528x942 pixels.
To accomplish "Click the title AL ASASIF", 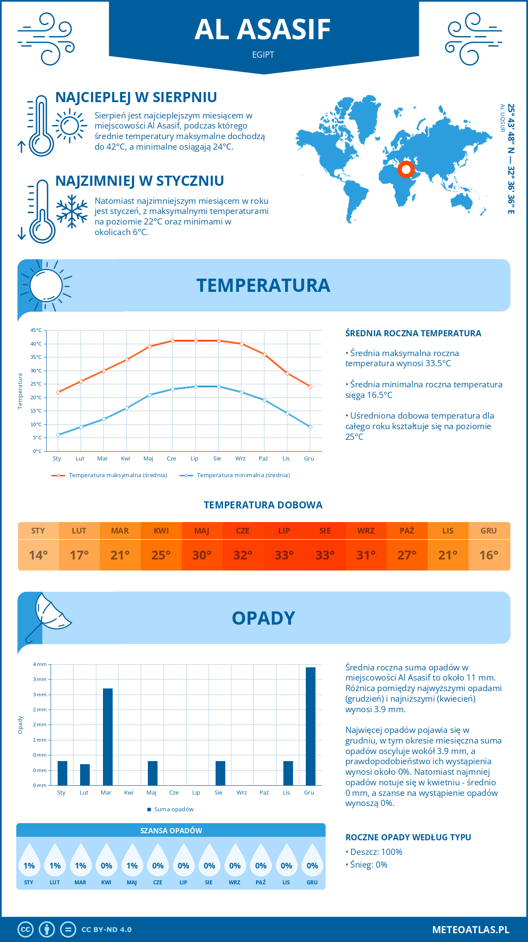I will (263, 29).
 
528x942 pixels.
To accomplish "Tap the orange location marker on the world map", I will (406, 169).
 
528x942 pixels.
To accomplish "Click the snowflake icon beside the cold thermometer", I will (72, 211).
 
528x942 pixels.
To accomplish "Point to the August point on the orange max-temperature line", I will (219, 341).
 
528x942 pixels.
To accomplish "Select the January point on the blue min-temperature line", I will (58, 435).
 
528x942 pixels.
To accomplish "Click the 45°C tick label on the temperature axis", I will (36, 330).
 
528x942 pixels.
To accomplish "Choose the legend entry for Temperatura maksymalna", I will (110, 475).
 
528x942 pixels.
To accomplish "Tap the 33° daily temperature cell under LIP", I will (284, 555).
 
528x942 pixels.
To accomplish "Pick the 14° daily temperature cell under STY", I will (38, 555).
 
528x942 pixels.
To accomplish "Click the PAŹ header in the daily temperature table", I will (407, 531).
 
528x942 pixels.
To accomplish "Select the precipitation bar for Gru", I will (310, 726).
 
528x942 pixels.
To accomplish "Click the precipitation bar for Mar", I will (107, 737).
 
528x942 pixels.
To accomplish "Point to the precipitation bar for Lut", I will (85, 775).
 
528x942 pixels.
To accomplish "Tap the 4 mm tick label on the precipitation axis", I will (40, 664).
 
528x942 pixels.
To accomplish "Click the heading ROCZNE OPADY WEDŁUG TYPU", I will (408, 837).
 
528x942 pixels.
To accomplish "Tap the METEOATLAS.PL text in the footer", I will (470, 930).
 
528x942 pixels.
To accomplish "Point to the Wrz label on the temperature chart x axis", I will (240, 459).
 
